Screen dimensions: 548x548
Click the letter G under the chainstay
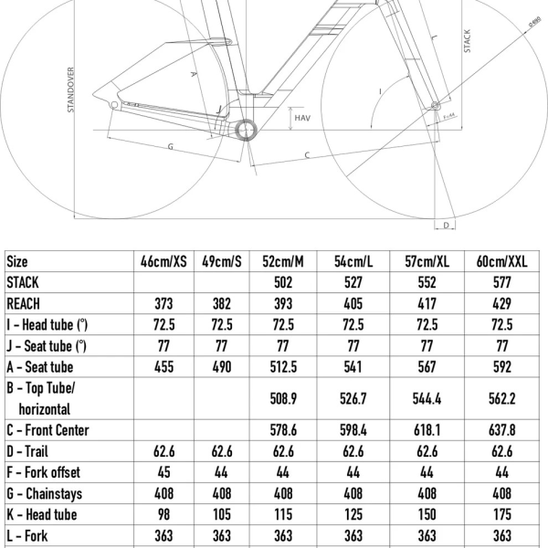170,146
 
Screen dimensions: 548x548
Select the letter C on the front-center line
307,155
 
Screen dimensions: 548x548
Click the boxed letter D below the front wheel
447,224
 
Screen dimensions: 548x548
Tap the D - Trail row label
33,451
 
